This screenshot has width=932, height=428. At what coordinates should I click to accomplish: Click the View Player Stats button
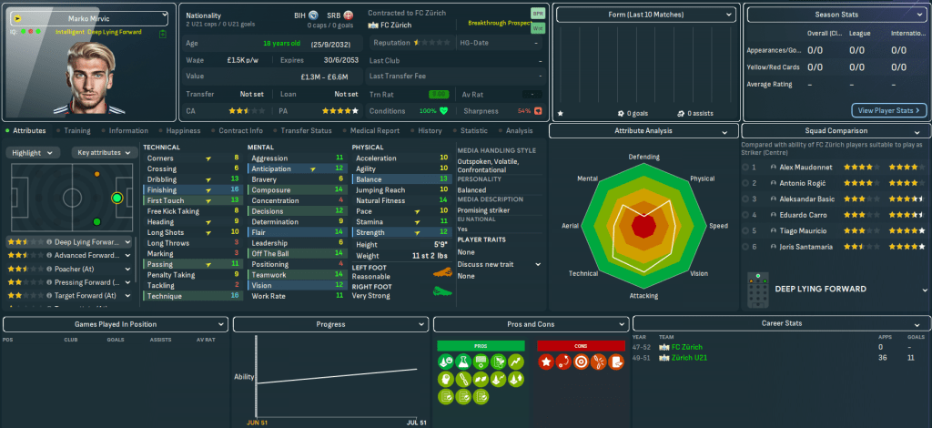point(889,110)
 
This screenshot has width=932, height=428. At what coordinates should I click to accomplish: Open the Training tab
point(76,131)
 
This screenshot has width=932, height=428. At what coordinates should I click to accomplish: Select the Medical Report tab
point(373,131)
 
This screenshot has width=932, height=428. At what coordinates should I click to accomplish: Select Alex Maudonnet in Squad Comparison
point(805,167)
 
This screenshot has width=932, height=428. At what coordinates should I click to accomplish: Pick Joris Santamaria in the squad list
point(810,246)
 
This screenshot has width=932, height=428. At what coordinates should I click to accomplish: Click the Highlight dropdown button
point(33,153)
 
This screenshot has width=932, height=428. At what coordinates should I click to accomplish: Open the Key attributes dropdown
point(102,153)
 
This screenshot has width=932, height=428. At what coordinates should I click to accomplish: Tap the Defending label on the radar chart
point(643,157)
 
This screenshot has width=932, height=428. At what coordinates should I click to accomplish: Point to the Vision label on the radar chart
point(699,274)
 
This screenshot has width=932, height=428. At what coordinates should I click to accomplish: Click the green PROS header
point(481,345)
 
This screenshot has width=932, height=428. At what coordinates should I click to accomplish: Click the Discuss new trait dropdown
point(500,264)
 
